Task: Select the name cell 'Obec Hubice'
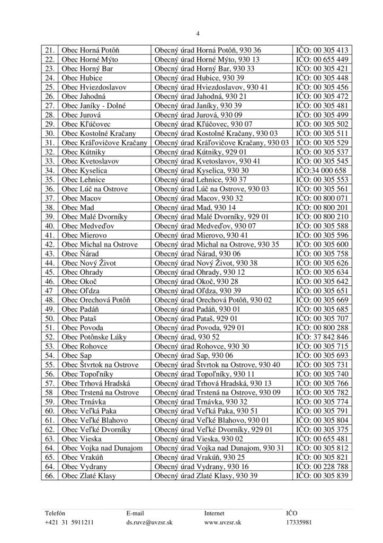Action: coord(80,77)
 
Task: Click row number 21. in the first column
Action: coord(50,50)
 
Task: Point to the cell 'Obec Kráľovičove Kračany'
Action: coord(104,143)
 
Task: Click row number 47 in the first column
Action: coord(49,290)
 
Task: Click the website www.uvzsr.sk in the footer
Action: coord(223,522)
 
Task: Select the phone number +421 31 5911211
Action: coord(70,522)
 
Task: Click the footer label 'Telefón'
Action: coord(55,513)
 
